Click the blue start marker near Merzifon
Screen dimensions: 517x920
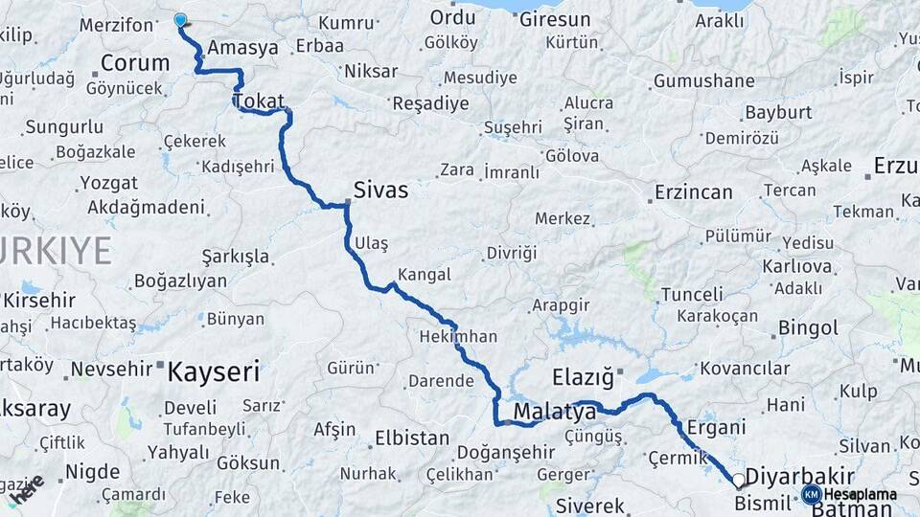pos(180,19)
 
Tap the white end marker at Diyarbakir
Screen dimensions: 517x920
pos(739,481)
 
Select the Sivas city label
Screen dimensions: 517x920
pos(380,190)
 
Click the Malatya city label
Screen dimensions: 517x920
pos(554,413)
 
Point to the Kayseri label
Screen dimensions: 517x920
pos(214,371)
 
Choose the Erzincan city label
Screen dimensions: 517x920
pos(693,192)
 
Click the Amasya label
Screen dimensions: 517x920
pos(242,47)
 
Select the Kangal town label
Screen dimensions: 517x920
pos(424,275)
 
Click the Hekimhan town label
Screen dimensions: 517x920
pos(458,337)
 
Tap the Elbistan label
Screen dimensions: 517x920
pos(411,438)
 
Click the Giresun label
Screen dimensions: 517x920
pos(556,18)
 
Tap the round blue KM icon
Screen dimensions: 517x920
pos(811,494)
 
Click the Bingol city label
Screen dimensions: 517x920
pos(808,328)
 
